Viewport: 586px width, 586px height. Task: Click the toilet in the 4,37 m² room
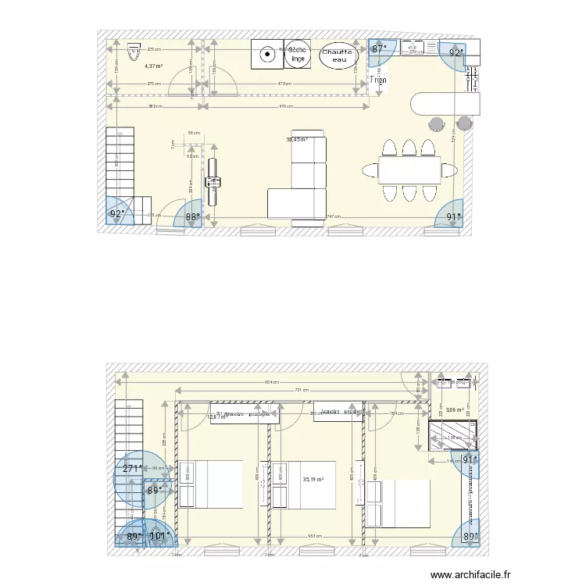(x=133, y=52)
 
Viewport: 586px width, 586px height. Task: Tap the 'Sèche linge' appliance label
(x=297, y=54)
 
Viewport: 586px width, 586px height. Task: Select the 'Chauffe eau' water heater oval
(x=338, y=55)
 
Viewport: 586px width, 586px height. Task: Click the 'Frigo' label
(x=378, y=80)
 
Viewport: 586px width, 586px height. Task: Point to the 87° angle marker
(x=380, y=49)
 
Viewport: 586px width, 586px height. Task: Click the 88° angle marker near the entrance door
(x=193, y=217)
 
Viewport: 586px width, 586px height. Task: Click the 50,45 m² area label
(x=297, y=141)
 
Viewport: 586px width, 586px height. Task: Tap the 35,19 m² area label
(x=313, y=480)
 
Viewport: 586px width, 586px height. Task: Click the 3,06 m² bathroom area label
(x=456, y=409)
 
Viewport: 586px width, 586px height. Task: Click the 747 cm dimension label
(x=334, y=216)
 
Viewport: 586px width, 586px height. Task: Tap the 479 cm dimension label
(x=286, y=107)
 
